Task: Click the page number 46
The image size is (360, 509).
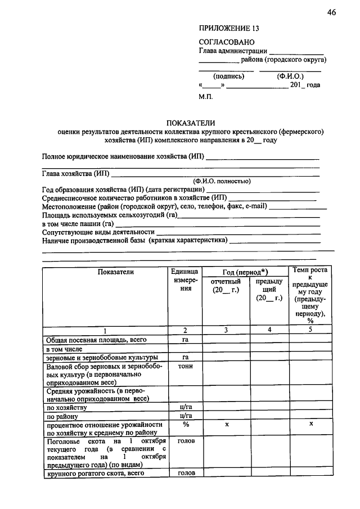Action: [330, 13]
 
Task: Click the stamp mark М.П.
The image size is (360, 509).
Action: [206, 97]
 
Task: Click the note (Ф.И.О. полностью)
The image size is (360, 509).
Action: [222, 181]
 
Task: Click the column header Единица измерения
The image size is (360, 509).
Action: [185, 280]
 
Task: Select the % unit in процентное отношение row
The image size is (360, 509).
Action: [185, 425]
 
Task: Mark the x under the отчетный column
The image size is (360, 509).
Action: [226, 425]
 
